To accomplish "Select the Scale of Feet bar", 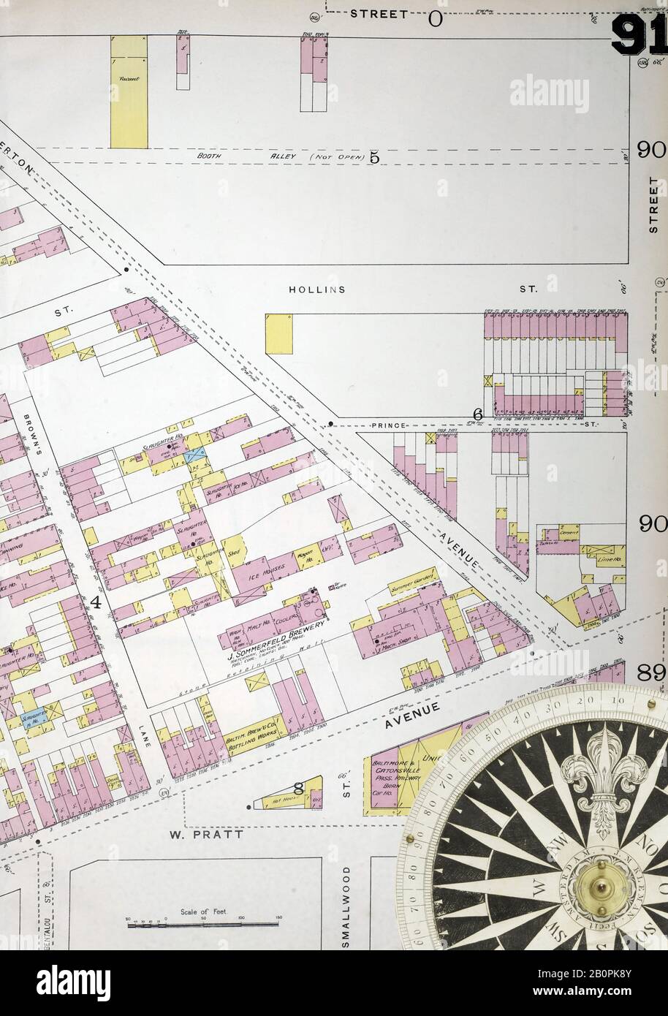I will (202, 924).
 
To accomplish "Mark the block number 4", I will (96, 602).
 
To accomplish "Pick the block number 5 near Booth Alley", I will (374, 156).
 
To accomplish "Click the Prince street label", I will (389, 425).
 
